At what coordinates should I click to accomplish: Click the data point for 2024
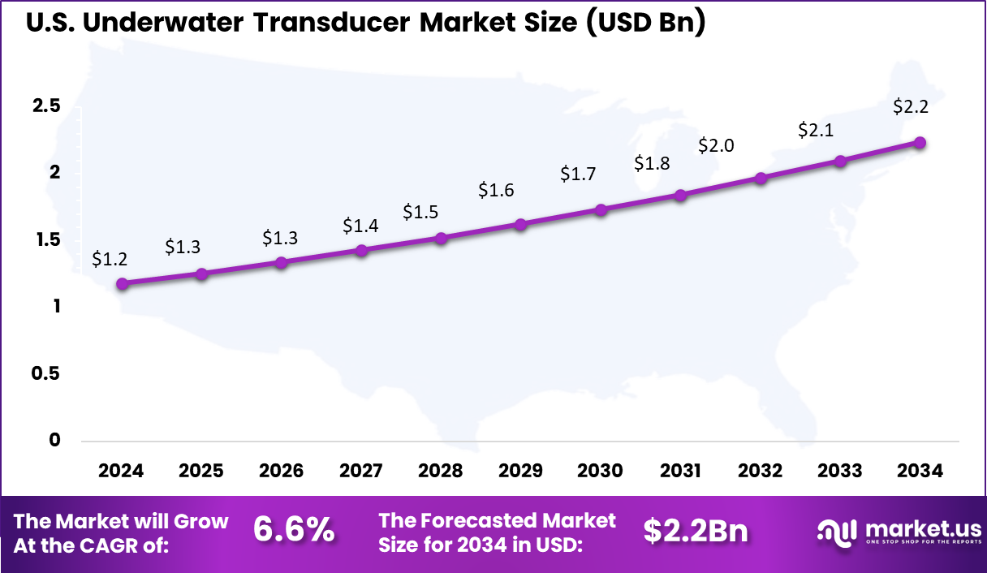122,284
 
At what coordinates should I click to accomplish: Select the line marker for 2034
920,143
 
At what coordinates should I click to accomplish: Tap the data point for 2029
521,224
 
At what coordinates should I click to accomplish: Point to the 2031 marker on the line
680,195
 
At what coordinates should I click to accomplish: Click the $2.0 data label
716,146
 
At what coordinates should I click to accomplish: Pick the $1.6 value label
495,190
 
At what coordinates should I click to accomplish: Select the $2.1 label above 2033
816,129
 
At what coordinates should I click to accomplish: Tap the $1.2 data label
109,259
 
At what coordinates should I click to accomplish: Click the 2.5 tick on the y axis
47,106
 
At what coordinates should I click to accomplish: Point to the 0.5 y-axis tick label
47,373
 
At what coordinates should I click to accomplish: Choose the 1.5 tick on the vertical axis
47,239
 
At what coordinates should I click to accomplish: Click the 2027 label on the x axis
361,471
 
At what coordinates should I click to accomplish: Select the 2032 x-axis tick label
761,471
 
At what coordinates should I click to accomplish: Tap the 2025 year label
201,471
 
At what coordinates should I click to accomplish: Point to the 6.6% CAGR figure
294,530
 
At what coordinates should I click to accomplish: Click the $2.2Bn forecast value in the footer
696,530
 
